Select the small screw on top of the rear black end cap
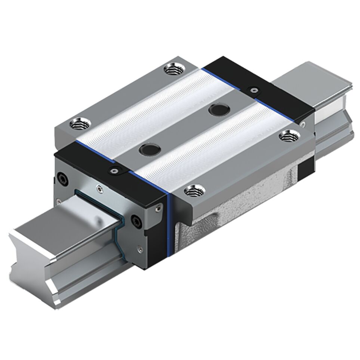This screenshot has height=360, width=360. [254, 89]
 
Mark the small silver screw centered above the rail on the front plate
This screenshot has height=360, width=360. [99, 189]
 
